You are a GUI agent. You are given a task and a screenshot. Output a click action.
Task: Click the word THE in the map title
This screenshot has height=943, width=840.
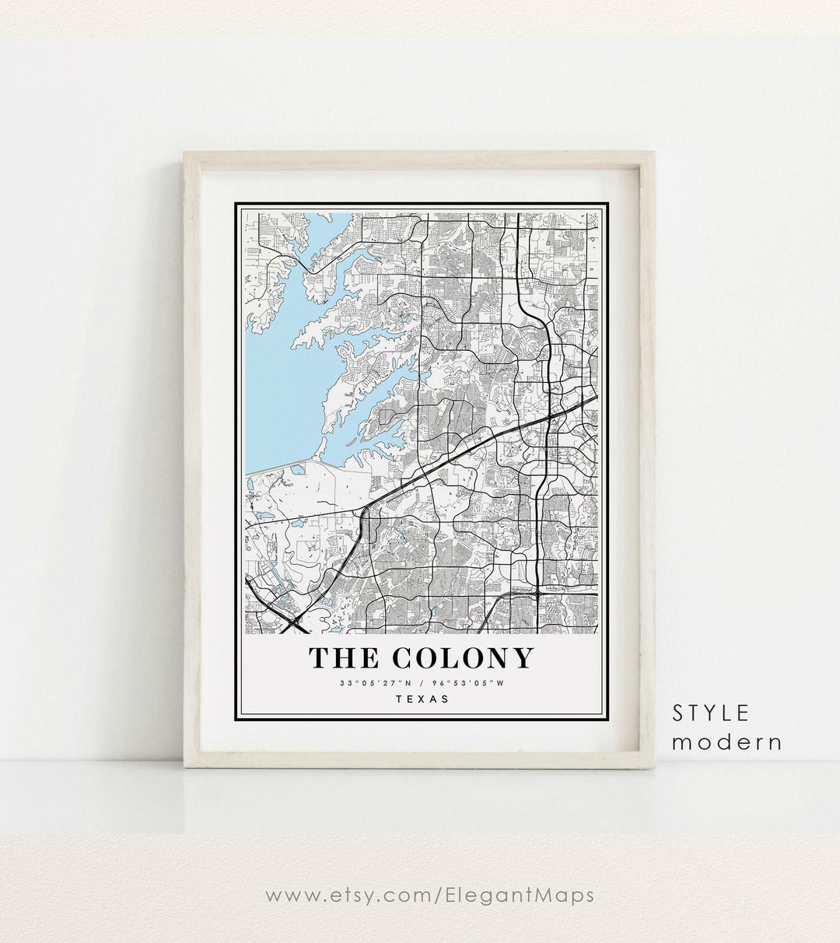(x=343, y=658)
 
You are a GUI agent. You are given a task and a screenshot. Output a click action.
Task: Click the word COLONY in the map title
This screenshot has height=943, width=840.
(x=463, y=658)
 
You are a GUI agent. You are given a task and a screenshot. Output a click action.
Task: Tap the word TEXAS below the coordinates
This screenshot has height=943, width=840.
(x=422, y=699)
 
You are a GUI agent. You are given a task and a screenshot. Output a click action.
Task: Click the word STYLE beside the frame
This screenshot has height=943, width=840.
(x=711, y=713)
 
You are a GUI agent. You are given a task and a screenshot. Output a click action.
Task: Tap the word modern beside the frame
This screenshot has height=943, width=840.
(x=727, y=741)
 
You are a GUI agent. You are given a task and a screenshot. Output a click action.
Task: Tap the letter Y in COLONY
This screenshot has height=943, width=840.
(x=521, y=658)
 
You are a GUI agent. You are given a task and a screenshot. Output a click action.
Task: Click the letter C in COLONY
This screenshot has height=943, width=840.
(x=404, y=658)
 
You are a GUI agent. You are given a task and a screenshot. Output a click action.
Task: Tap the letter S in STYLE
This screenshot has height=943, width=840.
(x=679, y=713)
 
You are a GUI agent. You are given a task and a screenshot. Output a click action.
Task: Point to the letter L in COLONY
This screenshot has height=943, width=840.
(x=452, y=658)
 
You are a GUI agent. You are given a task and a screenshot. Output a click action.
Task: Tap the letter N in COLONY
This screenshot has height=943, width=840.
(x=497, y=658)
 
